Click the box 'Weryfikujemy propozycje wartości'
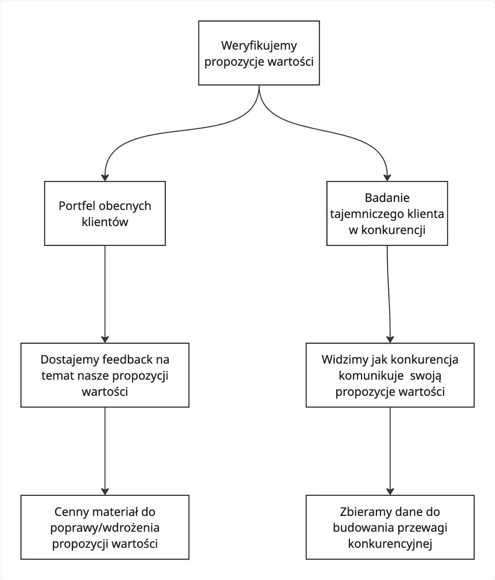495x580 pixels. point(259,53)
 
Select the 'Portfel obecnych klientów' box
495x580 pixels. point(105,213)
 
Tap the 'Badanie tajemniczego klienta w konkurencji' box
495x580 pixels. point(387,213)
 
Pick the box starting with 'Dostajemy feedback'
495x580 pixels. point(105,375)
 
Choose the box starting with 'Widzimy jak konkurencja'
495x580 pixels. point(390,375)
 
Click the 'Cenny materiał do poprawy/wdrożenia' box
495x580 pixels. point(105,527)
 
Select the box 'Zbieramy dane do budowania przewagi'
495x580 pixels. point(390,527)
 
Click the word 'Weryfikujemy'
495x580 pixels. point(259,46)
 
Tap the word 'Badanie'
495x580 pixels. point(387,198)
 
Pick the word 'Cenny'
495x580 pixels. point(72,512)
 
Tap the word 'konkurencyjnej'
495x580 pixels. point(390,544)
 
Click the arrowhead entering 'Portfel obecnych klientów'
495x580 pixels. point(105,177)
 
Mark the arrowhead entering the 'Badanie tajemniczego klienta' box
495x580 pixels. point(387,177)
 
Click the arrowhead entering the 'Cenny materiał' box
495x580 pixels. point(105,492)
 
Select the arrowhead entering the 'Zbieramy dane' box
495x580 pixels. point(390,492)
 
